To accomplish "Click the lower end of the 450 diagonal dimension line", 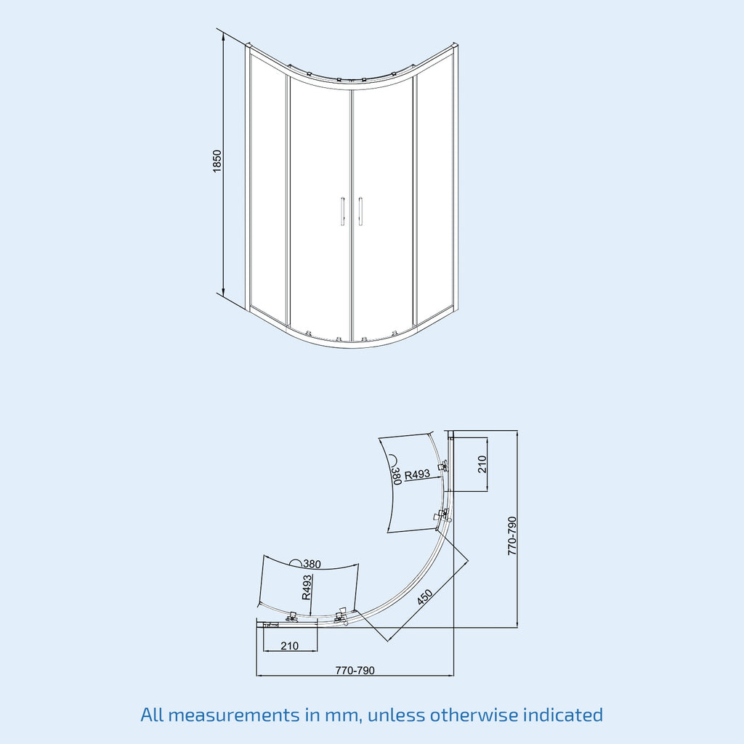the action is (388, 642).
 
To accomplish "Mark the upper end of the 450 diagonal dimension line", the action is (468, 562).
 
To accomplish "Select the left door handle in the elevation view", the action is (342, 211).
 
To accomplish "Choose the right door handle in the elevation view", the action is (360, 211).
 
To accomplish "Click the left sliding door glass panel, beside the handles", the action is (320, 209).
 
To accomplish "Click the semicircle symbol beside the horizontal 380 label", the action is (296, 563).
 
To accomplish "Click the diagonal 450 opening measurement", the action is (424, 597).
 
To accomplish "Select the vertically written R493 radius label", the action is (307, 587).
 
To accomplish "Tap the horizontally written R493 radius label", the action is (417, 474).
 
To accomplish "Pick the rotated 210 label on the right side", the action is (482, 464).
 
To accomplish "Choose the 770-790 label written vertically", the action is (512, 535).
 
